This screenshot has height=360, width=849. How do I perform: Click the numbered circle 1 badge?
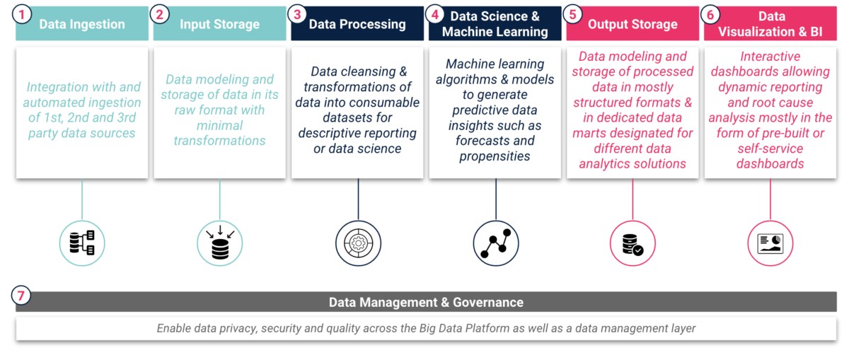tap(23, 14)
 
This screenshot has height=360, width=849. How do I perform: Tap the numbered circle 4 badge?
tap(437, 14)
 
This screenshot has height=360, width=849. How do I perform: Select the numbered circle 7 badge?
tap(23, 295)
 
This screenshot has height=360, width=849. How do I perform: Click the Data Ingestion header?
tap(82, 24)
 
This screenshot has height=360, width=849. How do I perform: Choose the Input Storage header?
tap(219, 24)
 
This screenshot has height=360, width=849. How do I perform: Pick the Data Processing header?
tap(357, 24)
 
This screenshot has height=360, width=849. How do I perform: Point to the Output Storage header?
tap(633, 24)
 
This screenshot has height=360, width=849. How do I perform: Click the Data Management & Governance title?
tap(426, 303)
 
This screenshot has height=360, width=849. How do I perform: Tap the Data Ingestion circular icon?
tap(82, 243)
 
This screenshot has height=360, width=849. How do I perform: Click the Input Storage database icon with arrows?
tap(219, 243)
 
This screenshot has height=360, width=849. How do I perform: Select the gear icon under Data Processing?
tap(357, 243)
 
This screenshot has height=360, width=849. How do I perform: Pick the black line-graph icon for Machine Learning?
tap(495, 243)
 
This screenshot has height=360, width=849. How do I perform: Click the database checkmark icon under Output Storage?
tap(633, 243)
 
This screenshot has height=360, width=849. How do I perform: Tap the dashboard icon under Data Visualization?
tap(770, 243)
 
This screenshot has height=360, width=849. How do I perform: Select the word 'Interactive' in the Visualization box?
tap(770, 57)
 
